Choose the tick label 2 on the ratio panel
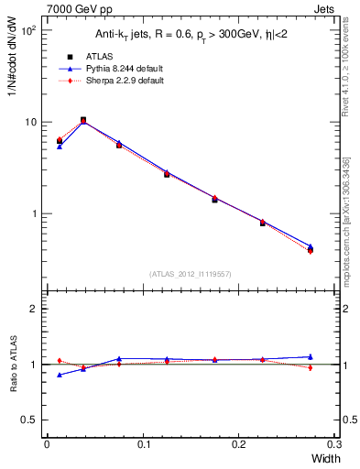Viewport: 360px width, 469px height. pyautogui.click(x=33, y=309)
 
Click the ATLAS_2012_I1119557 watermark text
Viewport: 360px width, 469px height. pyautogui.click(x=190, y=274)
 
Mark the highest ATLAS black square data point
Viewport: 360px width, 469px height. pyautogui.click(x=83, y=120)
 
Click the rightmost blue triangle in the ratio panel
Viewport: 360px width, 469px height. pyautogui.click(x=310, y=356)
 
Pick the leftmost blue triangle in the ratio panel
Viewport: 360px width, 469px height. pyautogui.click(x=60, y=375)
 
